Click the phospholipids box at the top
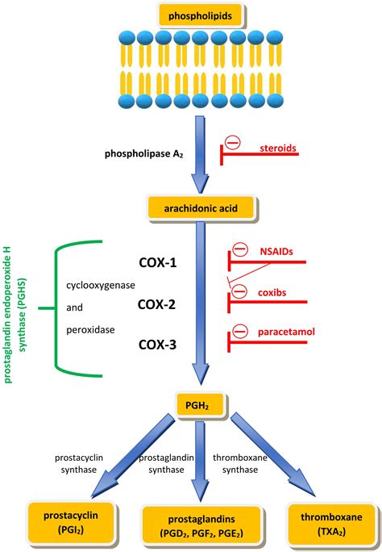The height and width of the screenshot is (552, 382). (x=201, y=15)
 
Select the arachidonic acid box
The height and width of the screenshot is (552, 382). (x=201, y=208)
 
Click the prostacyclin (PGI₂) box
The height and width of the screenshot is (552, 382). (x=71, y=522)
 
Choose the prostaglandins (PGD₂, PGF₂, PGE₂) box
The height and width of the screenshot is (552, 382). (x=201, y=525)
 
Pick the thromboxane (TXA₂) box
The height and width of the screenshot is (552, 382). (x=331, y=524)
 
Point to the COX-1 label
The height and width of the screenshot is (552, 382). (x=158, y=262)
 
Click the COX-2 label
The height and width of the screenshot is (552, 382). (x=156, y=304)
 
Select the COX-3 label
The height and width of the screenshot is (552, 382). (x=157, y=345)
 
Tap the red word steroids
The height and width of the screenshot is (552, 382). (x=278, y=148)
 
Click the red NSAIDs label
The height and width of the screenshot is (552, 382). (x=276, y=251)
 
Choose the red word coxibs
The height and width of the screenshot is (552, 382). (x=272, y=292)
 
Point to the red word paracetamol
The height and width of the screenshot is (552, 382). (x=286, y=332)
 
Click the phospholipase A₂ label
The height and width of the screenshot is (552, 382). (x=144, y=154)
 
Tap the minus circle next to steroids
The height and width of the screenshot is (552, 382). (x=233, y=143)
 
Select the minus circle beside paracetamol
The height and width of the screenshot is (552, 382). (x=241, y=331)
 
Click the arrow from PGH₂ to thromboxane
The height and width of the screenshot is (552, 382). (x=272, y=454)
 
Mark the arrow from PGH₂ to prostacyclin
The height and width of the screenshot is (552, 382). (x=133, y=455)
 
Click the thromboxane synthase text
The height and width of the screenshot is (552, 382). (x=240, y=464)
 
